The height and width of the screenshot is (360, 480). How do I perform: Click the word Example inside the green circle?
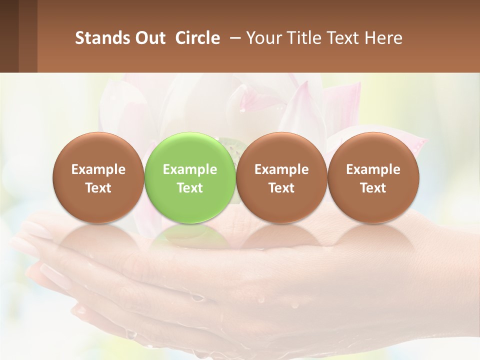[x=190, y=169]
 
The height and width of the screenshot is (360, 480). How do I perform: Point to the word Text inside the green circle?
[x=190, y=188]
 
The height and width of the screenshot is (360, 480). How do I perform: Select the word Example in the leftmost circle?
[x=98, y=169]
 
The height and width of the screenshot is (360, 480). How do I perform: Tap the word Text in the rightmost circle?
[x=373, y=188]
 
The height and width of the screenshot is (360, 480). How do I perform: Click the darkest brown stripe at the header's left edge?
[x=9, y=36]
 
